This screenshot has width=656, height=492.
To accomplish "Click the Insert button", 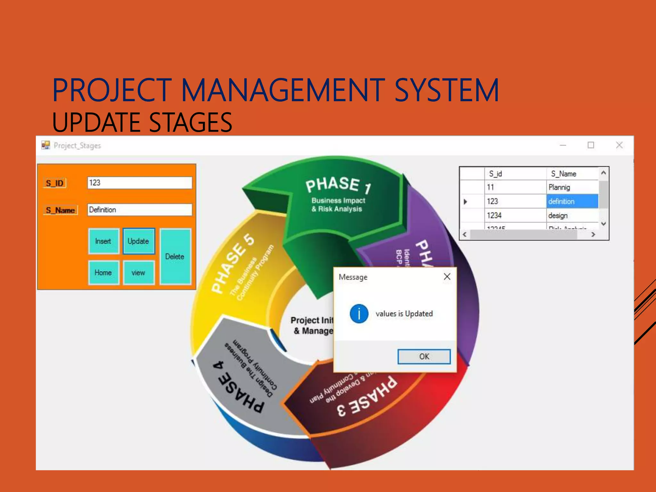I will coord(103,241).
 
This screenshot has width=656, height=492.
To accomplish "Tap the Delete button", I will coord(175,256).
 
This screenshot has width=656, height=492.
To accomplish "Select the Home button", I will coord(103,273).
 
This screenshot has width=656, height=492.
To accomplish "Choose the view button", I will coord(138,273).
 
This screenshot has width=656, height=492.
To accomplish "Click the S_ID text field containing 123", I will coord(139,183).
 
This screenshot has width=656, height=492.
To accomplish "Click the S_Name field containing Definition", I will coord(139,210).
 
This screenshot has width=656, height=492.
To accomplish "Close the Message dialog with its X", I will coord(447,277).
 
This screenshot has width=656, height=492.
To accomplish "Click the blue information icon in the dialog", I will coord(359,314).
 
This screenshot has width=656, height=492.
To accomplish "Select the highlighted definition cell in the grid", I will coord(572,201).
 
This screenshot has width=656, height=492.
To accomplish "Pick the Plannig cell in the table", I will coord(572,187).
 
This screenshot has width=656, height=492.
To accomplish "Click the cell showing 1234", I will coord(514,216).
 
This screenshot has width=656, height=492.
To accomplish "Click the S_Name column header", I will coord(571,174).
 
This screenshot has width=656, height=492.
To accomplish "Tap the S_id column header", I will coord(514,174).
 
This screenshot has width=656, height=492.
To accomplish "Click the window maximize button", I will coord(591,145).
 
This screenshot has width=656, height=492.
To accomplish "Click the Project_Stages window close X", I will coord(619,145).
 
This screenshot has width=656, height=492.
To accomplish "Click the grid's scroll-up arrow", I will coord(603,173).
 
